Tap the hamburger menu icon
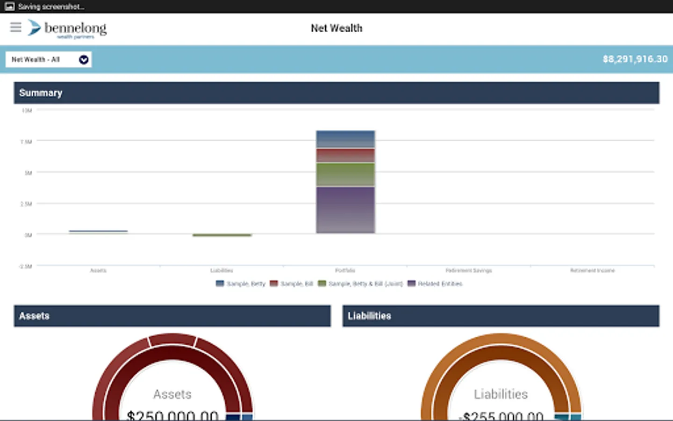coord(15,27)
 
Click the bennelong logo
coord(67,29)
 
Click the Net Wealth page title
coord(336,29)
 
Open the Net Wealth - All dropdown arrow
coord(84,59)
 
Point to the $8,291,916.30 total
coord(635,59)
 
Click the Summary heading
coord(41,93)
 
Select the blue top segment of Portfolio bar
coord(345,139)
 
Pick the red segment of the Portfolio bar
coord(345,155)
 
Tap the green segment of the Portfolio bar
coord(345,174)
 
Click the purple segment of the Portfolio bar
coord(345,210)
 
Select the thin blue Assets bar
coord(98,231)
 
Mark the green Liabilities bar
coord(222,235)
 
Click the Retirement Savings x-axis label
coord(468,271)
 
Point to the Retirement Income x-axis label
coord(592,271)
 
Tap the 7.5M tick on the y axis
coord(26,142)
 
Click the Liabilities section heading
coord(369,316)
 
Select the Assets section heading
coord(34,316)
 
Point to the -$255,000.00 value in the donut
coord(501,415)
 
